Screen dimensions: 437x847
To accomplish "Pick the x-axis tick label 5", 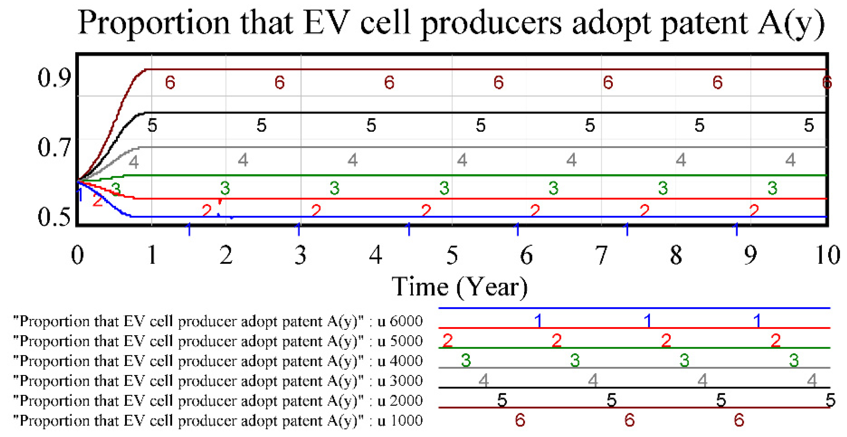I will coord(452,255).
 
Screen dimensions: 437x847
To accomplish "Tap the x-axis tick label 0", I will coord(78,255).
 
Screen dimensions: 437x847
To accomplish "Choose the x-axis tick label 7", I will coord(601,255).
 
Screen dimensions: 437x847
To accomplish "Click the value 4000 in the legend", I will coord(406,361).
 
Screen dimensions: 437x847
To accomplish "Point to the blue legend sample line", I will coord(634,308).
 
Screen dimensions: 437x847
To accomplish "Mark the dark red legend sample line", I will coord(634,408).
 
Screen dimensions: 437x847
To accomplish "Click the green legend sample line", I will coord(634,348).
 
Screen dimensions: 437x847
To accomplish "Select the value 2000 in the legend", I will coord(406,400).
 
